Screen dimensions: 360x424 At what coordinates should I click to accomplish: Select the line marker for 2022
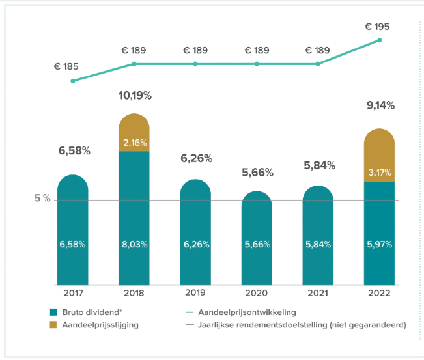[x=379, y=40]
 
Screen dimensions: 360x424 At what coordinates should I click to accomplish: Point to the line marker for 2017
[x=73, y=81]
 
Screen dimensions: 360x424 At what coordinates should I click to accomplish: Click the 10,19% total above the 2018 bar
[x=134, y=96]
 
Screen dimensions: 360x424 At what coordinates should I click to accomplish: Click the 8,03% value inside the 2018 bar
[x=134, y=245]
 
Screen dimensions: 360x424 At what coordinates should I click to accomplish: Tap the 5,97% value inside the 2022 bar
[x=379, y=245]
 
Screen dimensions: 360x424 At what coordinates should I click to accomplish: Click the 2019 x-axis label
[x=195, y=294]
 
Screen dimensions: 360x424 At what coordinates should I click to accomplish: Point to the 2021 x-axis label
[x=318, y=294]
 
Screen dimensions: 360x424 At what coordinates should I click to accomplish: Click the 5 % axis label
[x=42, y=198]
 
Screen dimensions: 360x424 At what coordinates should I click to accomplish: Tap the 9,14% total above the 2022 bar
[x=379, y=105]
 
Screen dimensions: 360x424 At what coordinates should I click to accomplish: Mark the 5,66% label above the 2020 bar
[x=257, y=173]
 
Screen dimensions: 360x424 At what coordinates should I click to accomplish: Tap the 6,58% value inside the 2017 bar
[x=73, y=245]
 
